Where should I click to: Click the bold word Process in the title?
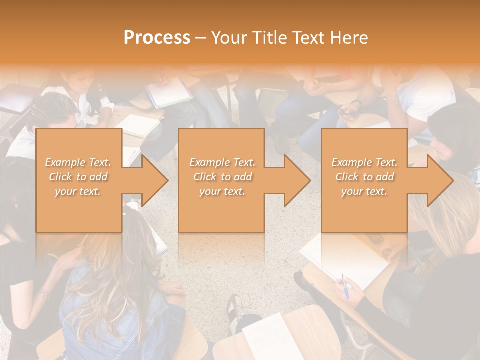coord(157,38)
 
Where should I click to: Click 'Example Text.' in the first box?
coord(78,162)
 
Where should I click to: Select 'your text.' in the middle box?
coord(222,191)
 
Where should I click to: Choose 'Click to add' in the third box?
coord(364,177)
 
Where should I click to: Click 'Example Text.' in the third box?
coord(364,162)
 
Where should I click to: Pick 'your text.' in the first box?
coord(78,191)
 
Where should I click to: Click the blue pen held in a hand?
coord(345,285)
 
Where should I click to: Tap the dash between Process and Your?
coord(201,38)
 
